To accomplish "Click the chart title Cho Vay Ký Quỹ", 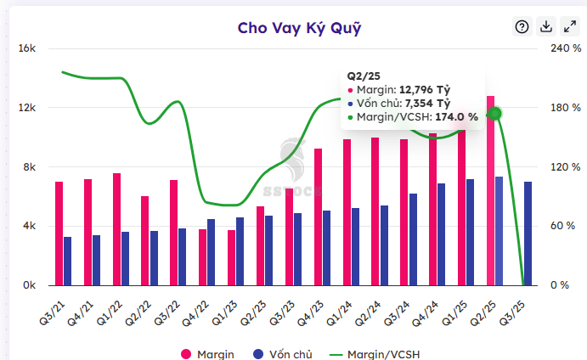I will (x=298, y=28).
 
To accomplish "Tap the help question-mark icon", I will (x=522, y=27).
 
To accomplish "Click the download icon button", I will (x=546, y=27).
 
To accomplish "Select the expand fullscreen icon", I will (x=570, y=27).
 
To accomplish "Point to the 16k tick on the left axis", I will (x=26, y=48).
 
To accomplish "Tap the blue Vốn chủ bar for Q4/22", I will (x=212, y=252).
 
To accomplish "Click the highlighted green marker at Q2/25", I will (x=495, y=113).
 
